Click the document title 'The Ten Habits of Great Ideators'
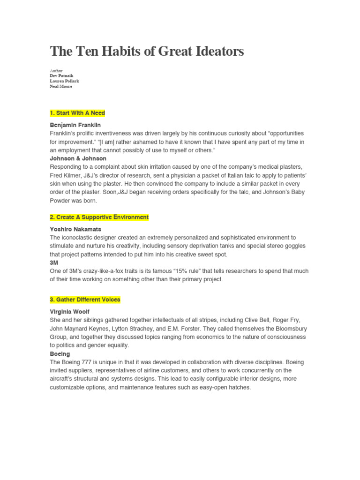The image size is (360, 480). coord(147,52)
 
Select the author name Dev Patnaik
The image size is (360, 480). coord(61,75)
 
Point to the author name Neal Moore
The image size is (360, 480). coord(61,86)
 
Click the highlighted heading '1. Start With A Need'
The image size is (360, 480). coord(77,113)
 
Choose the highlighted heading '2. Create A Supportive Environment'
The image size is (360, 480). coord(99,217)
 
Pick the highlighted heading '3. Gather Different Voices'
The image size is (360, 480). coord(85,300)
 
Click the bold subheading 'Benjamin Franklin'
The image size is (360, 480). coord(75,125)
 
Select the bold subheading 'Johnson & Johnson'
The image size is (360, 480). coord(78,158)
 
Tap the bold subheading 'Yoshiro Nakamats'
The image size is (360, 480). coord(75,229)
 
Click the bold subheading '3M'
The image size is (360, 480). coord(54,262)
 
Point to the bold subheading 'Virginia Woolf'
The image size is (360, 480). coord(69,312)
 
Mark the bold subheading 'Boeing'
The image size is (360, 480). coord(60,354)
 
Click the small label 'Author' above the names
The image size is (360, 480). coord(56,70)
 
